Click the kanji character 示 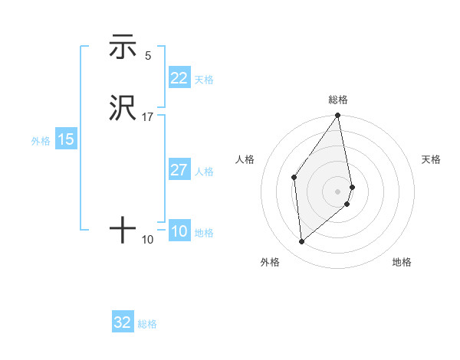[x=123, y=48]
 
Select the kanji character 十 [x=123, y=230]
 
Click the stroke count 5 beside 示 [x=148, y=56]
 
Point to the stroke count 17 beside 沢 [x=148, y=117]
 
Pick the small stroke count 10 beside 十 [x=148, y=240]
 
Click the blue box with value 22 [x=179, y=78]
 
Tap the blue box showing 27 [x=179, y=170]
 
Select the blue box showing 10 [x=179, y=231]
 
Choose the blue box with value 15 [x=66, y=139]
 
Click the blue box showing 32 [x=123, y=322]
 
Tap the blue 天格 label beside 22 [x=204, y=80]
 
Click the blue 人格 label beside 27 [x=204, y=172]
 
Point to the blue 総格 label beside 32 [x=147, y=324]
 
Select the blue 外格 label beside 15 [x=41, y=141]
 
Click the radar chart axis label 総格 [x=338, y=100]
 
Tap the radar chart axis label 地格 [x=402, y=263]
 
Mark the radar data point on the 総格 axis [x=338, y=116]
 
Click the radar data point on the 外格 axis [x=302, y=241]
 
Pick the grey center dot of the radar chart [x=338, y=190]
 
